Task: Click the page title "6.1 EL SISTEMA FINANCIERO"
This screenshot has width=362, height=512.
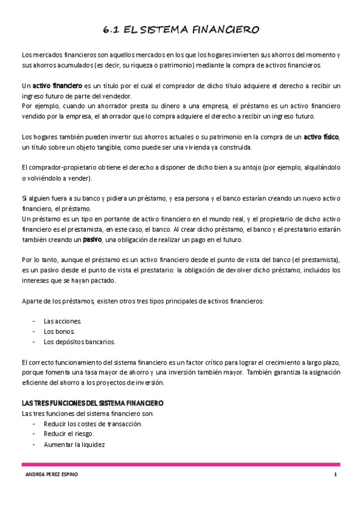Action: [181, 29]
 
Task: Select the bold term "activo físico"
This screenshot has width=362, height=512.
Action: [321, 137]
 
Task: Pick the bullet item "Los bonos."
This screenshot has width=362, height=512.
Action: [58, 331]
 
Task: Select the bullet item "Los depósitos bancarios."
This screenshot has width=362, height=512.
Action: [79, 342]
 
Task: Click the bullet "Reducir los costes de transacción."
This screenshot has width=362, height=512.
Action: [92, 424]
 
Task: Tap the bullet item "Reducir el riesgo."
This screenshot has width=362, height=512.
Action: [69, 434]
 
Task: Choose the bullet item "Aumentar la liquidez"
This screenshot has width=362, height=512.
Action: [74, 444]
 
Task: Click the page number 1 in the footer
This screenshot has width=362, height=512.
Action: [335, 475]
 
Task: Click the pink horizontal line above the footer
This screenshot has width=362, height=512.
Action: [181, 464]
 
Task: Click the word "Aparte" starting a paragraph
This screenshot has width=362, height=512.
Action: [31, 301]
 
